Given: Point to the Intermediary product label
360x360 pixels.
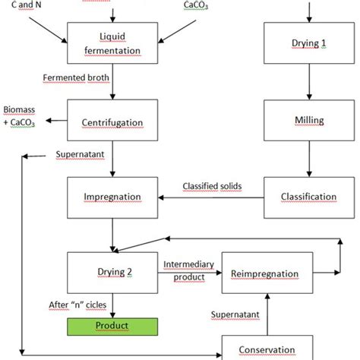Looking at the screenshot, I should (189, 270).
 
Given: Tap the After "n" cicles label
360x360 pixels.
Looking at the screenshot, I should (76, 305).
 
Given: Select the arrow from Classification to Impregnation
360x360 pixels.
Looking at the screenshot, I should (213, 198).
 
